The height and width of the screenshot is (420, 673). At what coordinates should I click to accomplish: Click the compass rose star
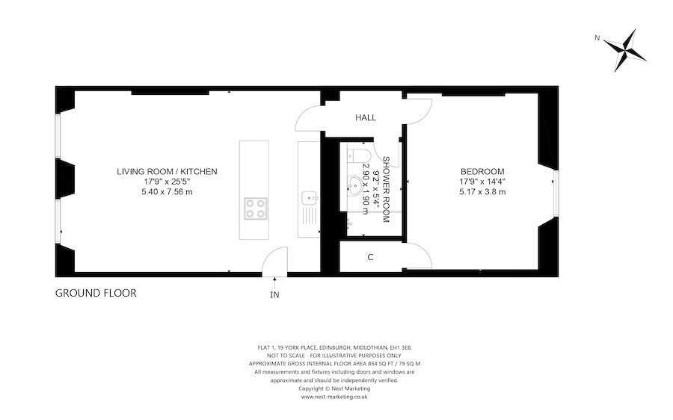pyautogui.click(x=625, y=50)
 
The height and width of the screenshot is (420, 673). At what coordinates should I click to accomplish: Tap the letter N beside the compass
pyautogui.click(x=597, y=38)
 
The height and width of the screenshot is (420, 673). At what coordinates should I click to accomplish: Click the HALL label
pyautogui.click(x=366, y=117)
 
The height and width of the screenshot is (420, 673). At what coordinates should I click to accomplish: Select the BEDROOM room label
pyautogui.click(x=482, y=172)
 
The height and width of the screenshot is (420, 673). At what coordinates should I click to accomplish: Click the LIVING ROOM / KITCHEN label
pyautogui.click(x=167, y=172)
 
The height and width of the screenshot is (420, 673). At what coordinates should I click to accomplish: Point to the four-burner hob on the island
pyautogui.click(x=256, y=209)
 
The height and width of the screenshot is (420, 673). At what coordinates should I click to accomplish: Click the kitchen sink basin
pyautogui.click(x=309, y=198)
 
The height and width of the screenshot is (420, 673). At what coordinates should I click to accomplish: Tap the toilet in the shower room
pyautogui.click(x=356, y=155)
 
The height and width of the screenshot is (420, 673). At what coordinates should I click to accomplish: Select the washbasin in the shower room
pyautogui.click(x=355, y=186)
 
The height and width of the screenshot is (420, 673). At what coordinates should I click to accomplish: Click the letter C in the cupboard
pyautogui.click(x=370, y=257)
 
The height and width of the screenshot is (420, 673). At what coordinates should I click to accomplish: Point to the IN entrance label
pyautogui.click(x=274, y=294)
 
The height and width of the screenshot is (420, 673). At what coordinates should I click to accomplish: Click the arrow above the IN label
pyautogui.click(x=274, y=282)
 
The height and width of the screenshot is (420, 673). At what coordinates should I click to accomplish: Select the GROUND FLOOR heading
pyautogui.click(x=96, y=293)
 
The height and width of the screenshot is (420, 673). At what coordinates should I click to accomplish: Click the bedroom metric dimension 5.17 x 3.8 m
pyautogui.click(x=482, y=192)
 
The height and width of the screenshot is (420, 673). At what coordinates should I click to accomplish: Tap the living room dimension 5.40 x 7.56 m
pyautogui.click(x=167, y=192)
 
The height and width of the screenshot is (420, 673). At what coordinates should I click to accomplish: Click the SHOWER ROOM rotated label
pyautogui.click(x=385, y=189)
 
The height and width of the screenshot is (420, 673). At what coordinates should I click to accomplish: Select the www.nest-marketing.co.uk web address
pyautogui.click(x=334, y=397)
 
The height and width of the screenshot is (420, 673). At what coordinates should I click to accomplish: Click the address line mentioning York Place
pyautogui.click(x=334, y=348)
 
